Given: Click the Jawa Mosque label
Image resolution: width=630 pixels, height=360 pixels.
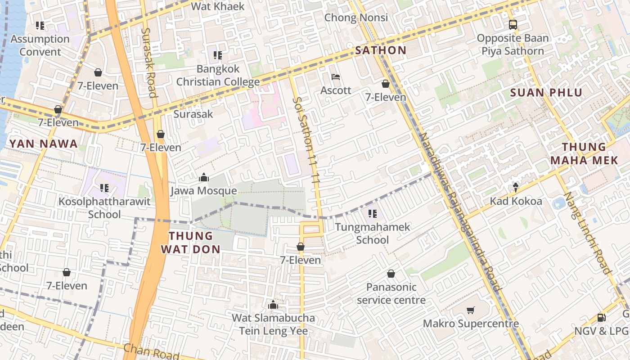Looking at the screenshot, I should (x=203, y=191).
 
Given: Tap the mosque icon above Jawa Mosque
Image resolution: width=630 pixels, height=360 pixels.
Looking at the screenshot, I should (x=203, y=177).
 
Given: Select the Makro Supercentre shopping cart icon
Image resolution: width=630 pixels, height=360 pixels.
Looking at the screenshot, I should (x=471, y=310).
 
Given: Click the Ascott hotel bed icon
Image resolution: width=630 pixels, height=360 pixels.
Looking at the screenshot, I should (x=336, y=77).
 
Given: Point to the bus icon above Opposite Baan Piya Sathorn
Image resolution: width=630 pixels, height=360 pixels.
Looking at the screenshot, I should (x=513, y=24).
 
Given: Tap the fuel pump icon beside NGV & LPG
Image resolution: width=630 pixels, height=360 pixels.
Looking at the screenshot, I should (x=601, y=318).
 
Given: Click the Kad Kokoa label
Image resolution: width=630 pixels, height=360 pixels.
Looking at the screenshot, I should (x=516, y=201).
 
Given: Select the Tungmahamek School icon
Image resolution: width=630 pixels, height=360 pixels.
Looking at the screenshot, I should (x=372, y=213).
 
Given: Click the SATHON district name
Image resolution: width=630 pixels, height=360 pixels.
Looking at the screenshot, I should (x=381, y=50).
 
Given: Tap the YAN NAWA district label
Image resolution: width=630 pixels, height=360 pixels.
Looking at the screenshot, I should (x=43, y=144).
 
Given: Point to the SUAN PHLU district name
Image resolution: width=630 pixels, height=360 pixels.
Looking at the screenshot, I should (x=546, y=93).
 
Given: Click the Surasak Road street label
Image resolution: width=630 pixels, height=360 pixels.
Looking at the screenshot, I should (x=149, y=63).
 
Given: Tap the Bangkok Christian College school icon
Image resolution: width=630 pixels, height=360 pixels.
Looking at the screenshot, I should (x=218, y=55).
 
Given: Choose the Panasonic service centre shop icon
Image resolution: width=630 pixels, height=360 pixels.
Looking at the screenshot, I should (x=391, y=274).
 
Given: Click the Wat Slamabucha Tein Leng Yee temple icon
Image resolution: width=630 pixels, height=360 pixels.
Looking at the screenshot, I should (x=273, y=305).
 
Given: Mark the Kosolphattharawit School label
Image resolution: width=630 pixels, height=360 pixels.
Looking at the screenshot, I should (x=104, y=207).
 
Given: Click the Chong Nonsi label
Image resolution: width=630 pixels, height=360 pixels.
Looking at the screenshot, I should (x=356, y=18).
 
